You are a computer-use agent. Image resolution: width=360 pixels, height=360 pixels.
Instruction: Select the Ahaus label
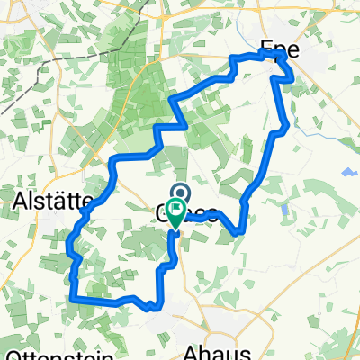tap(214, 348)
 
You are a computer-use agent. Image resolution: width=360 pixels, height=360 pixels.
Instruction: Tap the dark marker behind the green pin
tap(179, 193)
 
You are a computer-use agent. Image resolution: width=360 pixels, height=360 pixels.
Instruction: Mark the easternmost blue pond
tap(346, 173)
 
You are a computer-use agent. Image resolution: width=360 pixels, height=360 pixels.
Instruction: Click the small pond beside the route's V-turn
tap(284, 210)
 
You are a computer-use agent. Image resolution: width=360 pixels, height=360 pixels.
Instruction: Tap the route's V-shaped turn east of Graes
tap(237, 232)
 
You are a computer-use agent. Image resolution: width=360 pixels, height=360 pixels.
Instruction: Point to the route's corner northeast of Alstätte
tap(112, 162)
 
